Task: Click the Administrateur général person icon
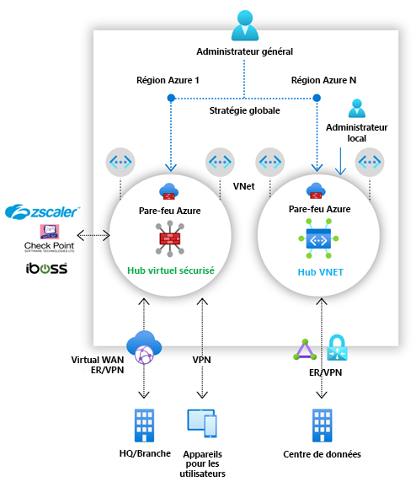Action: [244, 24]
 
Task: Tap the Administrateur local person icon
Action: [356, 109]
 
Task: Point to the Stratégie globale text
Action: [244, 110]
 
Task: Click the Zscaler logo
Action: [42, 211]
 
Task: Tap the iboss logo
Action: [47, 269]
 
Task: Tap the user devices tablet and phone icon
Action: [202, 424]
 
